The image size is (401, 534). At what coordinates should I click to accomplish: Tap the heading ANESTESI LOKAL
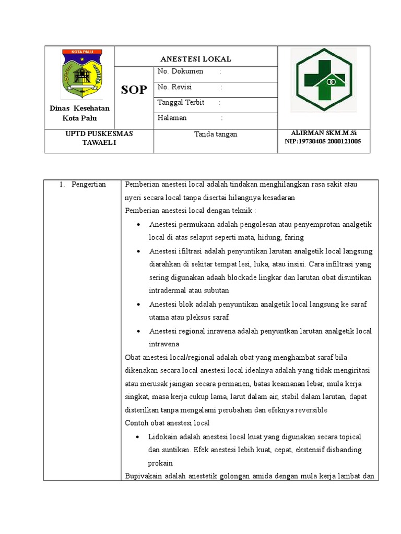[196, 59]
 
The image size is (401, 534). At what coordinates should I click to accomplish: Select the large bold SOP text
[134, 90]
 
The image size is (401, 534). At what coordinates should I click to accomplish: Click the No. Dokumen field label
[180, 71]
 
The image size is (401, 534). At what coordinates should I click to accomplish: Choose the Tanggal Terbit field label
[181, 102]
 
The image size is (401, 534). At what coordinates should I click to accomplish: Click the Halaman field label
[172, 118]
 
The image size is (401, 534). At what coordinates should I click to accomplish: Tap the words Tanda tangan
[216, 134]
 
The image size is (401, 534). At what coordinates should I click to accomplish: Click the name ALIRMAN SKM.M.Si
[323, 133]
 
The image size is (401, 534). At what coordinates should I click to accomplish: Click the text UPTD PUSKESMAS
[99, 133]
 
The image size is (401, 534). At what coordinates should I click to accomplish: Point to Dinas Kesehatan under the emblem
[79, 108]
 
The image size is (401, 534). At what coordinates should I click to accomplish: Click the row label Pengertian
[89, 184]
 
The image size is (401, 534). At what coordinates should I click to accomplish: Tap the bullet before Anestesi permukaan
[138, 225]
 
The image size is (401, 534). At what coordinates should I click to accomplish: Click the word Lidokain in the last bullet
[163, 436]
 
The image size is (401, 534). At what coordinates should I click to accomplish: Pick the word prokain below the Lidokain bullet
[160, 463]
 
